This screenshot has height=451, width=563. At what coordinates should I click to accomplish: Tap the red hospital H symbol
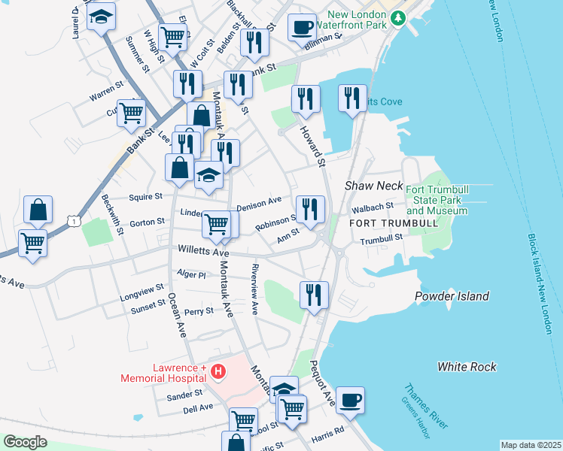click(218, 371)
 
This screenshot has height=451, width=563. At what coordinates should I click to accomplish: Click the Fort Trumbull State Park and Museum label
click(437, 200)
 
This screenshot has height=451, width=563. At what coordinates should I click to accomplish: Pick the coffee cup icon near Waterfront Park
click(302, 26)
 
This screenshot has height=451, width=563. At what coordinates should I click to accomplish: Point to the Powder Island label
click(452, 296)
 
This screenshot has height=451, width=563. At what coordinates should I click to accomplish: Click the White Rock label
click(467, 367)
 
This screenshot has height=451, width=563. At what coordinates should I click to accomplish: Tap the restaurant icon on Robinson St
click(309, 210)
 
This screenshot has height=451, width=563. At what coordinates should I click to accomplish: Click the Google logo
click(26, 442)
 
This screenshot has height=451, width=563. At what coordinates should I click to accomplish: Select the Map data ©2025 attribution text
click(531, 445)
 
